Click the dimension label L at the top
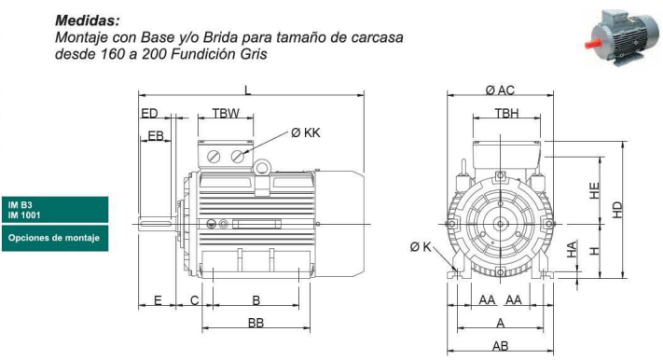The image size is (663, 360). [x=248, y=90]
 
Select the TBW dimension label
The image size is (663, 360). [x=226, y=114]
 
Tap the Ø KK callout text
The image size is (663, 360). [x=306, y=132]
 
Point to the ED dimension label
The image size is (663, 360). [x=149, y=114]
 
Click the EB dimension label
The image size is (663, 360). [x=156, y=136]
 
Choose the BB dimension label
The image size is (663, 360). [x=256, y=323]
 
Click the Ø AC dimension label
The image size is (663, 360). [x=500, y=90]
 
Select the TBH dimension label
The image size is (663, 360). [x=506, y=114]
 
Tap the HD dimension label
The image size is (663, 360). [x=617, y=210]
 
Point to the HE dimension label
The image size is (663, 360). [x=595, y=191]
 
